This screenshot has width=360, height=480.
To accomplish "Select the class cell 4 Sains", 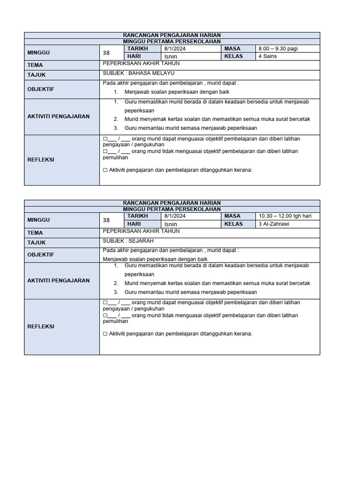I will point(268,56).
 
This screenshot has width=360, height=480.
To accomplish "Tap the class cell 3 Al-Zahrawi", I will point(274,224).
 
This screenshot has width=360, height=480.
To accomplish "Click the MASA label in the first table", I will point(232,48).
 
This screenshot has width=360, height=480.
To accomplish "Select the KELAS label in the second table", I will point(233,224).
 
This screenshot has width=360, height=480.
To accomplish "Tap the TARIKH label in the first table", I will point(137,48).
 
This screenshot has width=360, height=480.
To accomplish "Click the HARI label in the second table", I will point(135,224).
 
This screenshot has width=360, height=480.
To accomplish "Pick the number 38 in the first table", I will point(106,52).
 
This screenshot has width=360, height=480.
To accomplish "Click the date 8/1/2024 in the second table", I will point(175,216).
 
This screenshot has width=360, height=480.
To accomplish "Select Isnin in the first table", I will point(171,56).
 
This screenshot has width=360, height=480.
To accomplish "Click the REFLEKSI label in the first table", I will point(41,159).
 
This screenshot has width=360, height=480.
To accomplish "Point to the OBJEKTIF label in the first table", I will point(41,89).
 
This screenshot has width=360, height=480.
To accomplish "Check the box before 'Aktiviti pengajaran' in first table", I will point(105,170).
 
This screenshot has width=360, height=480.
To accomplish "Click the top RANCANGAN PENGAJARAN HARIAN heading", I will point(172,35).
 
